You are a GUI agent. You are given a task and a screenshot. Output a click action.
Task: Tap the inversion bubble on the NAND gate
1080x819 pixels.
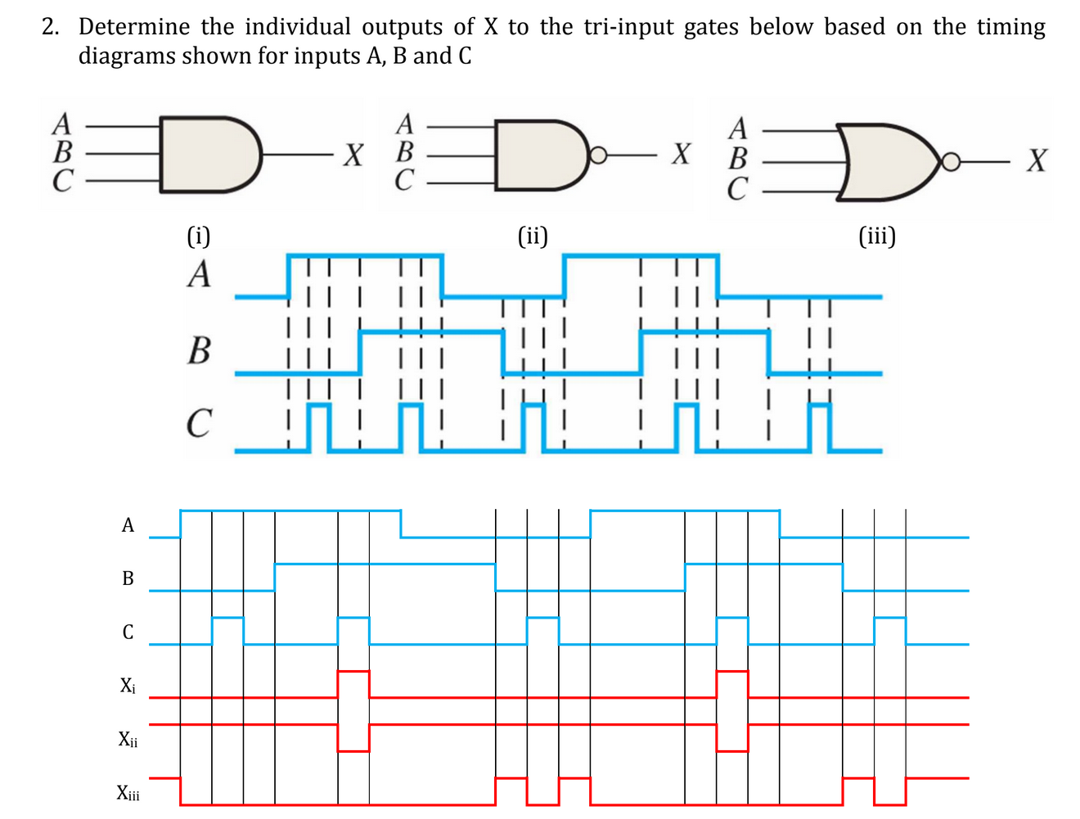point(599,155)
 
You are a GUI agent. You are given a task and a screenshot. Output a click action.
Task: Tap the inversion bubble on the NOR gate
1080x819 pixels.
point(949,162)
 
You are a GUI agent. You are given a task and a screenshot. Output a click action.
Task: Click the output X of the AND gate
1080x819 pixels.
point(353,154)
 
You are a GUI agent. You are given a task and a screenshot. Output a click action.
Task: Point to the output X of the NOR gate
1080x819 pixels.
point(1037,160)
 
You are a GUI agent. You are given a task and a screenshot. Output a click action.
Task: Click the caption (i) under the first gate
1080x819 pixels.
point(199,236)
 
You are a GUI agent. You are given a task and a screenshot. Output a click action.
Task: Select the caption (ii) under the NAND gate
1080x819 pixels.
point(533,236)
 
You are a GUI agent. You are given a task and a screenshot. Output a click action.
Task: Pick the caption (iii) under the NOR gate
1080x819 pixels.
point(877,236)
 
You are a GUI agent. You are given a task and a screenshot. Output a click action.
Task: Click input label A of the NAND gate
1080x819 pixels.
point(405,124)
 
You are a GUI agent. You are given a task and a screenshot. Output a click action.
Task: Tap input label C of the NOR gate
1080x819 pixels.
point(737,190)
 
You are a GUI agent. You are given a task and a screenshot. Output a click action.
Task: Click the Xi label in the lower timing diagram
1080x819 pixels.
point(128,686)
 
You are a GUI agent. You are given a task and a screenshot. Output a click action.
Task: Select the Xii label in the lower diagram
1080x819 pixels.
point(128,740)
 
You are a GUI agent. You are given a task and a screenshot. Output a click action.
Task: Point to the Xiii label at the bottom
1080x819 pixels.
point(128,793)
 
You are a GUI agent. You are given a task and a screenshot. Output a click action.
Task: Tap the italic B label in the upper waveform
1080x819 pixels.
point(199,350)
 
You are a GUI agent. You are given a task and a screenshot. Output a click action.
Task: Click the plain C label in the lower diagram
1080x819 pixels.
point(128,632)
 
